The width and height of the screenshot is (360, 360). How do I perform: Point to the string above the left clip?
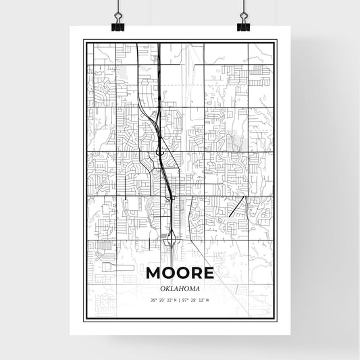coord(118,8)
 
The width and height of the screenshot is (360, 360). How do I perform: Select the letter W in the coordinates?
coord(207,299)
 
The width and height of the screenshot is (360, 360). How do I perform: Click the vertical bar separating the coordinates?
coord(180,299)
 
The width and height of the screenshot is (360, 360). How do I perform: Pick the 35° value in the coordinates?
coord(153,299)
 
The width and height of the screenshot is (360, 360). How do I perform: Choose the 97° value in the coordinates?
coord(186,299)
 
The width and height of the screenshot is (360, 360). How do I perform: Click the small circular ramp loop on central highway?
coord(161,153)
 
